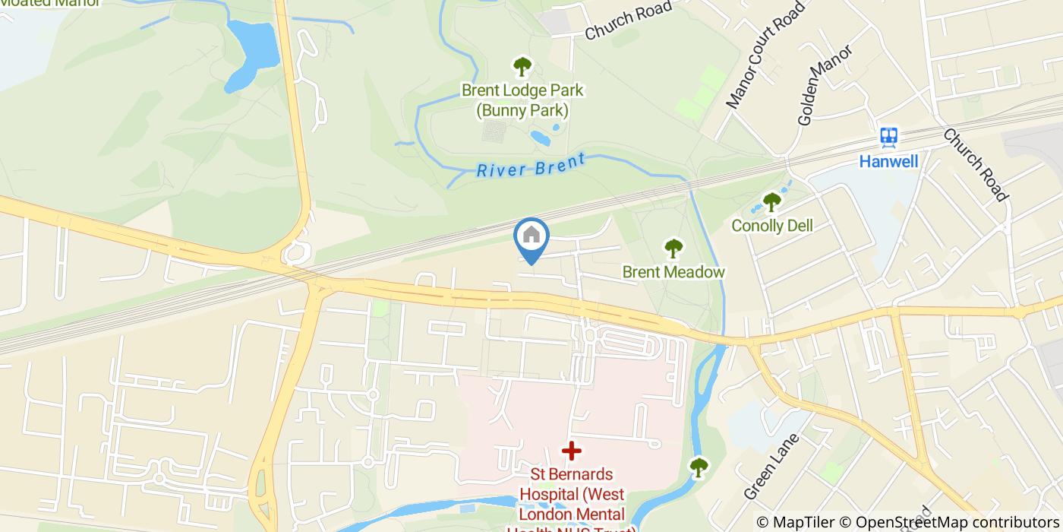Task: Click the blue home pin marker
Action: coord(531,238)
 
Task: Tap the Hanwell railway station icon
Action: coord(889,138)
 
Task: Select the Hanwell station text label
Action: coord(888,161)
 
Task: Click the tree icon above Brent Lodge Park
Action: coord(522,67)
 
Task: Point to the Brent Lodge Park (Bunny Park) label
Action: coord(522,100)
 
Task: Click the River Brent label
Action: coord(531,166)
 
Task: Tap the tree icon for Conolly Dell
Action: coord(771,202)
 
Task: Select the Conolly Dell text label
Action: coord(771,226)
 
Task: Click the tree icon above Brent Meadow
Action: coord(673,248)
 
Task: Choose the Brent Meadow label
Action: coord(673,272)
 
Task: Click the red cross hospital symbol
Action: coord(571,451)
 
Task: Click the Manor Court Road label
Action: coord(765,55)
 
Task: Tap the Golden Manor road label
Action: coord(825,84)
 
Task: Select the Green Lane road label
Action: coord(772,466)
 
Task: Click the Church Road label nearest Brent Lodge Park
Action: coord(628,21)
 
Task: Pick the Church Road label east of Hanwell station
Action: coord(975,164)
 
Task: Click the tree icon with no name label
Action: coord(698,466)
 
